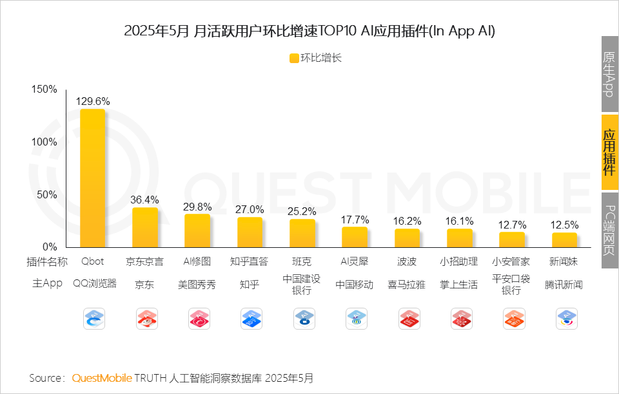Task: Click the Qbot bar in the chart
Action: click(92, 178)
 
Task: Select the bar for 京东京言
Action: click(145, 227)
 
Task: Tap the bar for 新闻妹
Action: click(564, 239)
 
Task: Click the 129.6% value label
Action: click(93, 101)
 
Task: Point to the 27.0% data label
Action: click(250, 209)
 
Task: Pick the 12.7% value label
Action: click(512, 225)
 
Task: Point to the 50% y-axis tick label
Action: click(46, 194)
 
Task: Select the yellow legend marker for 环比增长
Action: click(293, 58)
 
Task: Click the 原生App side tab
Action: click(609, 74)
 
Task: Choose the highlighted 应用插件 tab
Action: click(609, 153)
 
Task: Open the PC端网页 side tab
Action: click(609, 230)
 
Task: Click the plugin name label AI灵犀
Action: click(355, 262)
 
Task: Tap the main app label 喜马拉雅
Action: click(407, 285)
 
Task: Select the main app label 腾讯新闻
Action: click(564, 285)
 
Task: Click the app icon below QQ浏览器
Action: click(94, 319)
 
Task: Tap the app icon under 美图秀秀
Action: click(199, 319)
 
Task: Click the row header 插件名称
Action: click(47, 262)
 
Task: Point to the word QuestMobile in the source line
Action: click(102, 378)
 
